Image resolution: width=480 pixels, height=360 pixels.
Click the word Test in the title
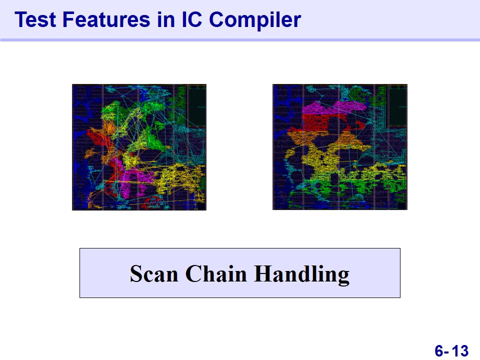click(x=35, y=19)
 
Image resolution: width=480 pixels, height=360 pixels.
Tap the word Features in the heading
click(x=106, y=19)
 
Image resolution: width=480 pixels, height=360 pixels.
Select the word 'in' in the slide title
click(x=166, y=19)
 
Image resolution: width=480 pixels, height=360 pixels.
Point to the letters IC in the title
click(x=192, y=19)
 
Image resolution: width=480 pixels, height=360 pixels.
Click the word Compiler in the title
click(x=255, y=20)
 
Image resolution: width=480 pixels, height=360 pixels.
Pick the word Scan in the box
click(x=153, y=273)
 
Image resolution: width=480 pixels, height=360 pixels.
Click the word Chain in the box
click(x=216, y=273)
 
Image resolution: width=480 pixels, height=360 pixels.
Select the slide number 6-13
click(x=451, y=350)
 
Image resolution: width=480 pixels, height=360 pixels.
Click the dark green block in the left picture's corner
click(x=196, y=105)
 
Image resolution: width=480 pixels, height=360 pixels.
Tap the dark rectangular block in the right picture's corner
click(x=397, y=105)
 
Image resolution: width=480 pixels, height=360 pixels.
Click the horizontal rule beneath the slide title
click(x=240, y=40)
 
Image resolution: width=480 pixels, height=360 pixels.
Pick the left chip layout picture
click(x=139, y=147)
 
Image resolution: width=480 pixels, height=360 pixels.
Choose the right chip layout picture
click(x=340, y=147)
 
